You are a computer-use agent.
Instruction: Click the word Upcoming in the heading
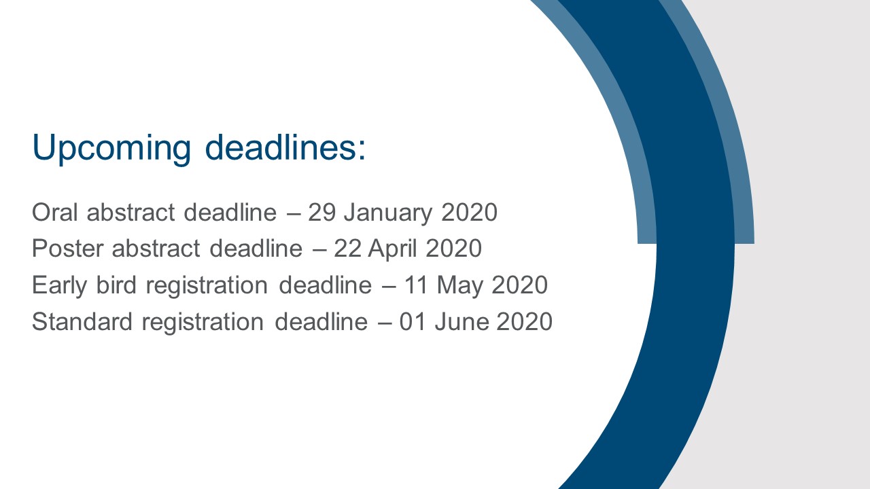(x=111, y=149)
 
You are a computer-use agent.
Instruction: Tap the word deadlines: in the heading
(x=285, y=147)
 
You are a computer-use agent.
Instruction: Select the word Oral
(x=55, y=212)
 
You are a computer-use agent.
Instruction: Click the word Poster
(x=67, y=248)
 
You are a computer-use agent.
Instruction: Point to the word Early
(x=59, y=286)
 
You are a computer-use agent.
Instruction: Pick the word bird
(x=116, y=285)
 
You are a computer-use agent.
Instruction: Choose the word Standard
(x=82, y=321)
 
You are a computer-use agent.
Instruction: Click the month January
(x=388, y=213)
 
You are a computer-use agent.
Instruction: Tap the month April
(x=393, y=249)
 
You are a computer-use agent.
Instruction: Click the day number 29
(x=322, y=212)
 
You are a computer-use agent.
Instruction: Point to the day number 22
(x=347, y=248)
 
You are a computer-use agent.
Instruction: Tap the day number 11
(x=417, y=285)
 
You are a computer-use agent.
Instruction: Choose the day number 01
(x=413, y=321)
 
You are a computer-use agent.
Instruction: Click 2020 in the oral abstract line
(x=469, y=212)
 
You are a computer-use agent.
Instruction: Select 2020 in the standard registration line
(x=524, y=321)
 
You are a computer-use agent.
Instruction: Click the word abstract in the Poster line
(x=156, y=248)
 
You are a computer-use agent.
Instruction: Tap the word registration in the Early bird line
(x=207, y=286)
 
